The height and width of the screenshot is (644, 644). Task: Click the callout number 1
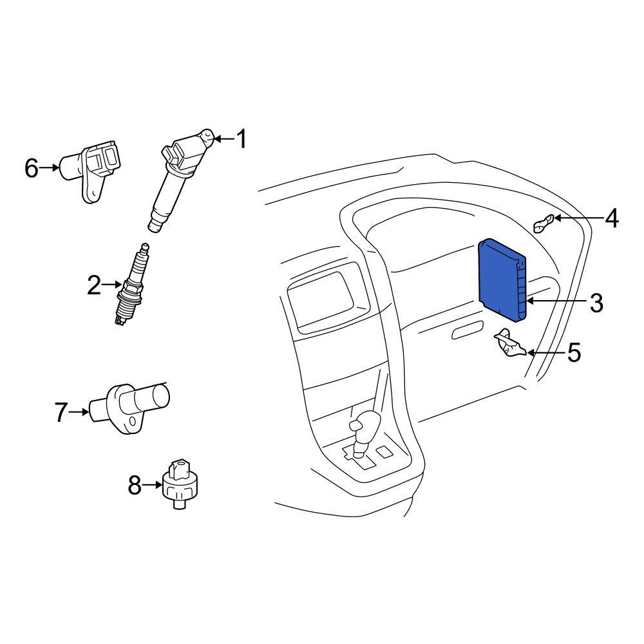[242, 139]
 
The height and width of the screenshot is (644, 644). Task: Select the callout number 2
[94, 285]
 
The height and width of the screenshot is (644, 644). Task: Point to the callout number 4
[612, 218]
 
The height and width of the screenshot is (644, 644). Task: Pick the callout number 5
[574, 353]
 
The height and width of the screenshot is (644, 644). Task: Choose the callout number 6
[32, 167]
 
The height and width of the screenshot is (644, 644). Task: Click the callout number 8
[135, 485]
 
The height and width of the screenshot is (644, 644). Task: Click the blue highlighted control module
[502, 279]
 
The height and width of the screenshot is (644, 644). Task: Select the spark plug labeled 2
[131, 284]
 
